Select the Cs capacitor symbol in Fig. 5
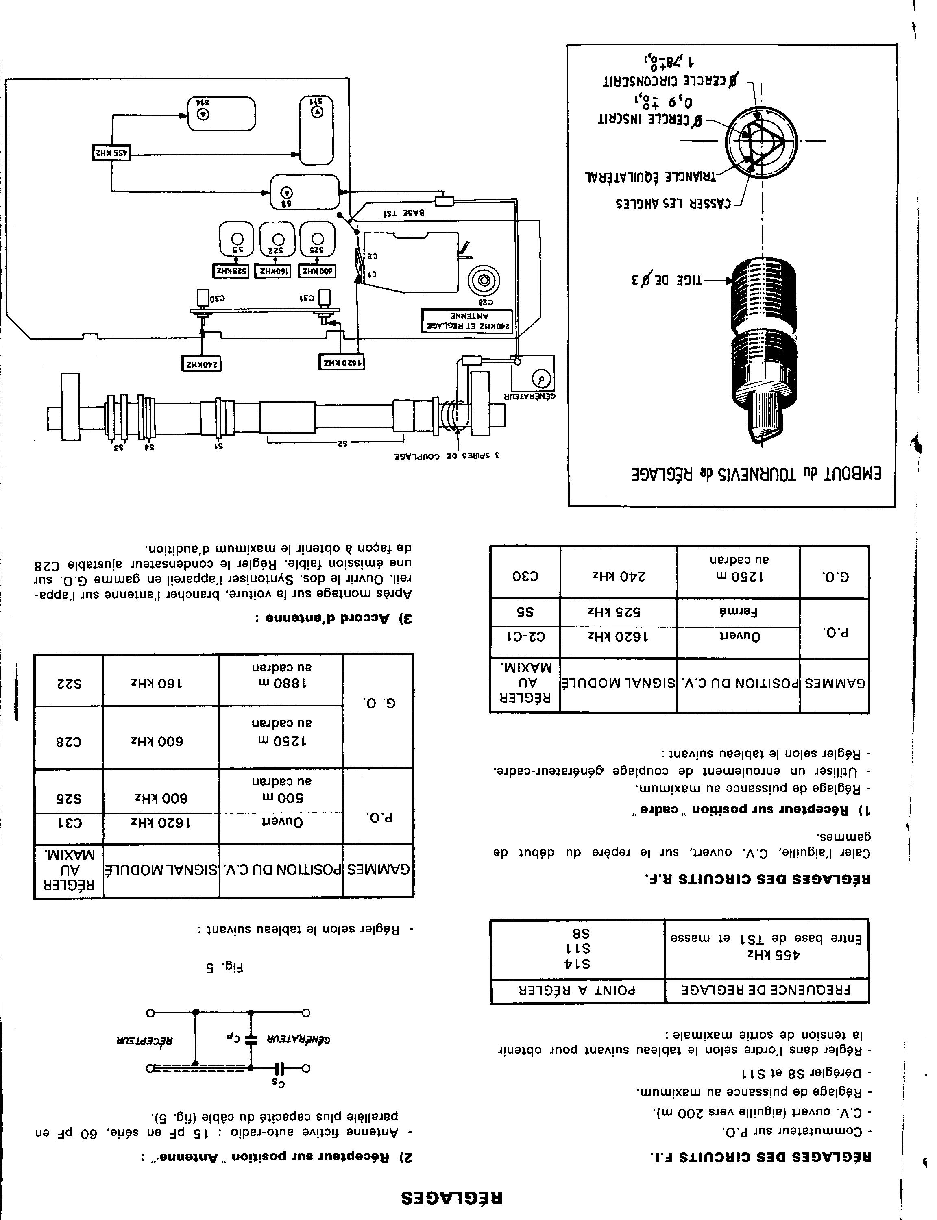(281, 1069)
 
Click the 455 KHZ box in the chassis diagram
(111, 152)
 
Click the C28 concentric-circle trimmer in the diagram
(484, 281)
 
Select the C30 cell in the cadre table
(525, 575)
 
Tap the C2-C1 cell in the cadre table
(525, 636)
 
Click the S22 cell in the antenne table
(69, 684)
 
